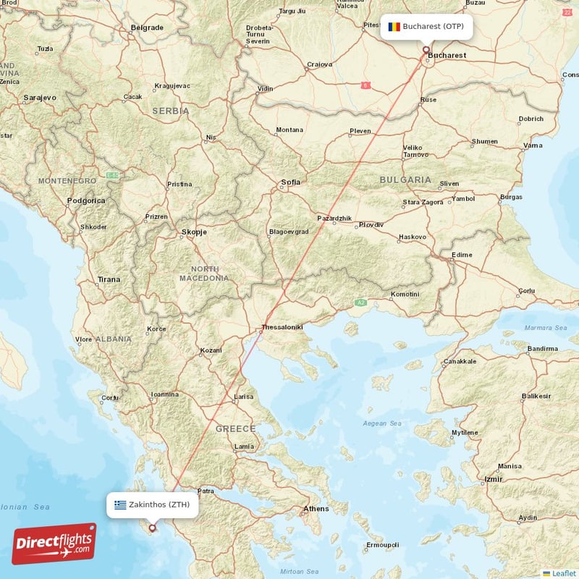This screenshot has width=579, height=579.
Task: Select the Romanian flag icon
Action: pos(394,27)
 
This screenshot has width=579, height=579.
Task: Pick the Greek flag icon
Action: pos(120,504)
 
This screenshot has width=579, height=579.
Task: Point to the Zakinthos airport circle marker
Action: pos(152,528)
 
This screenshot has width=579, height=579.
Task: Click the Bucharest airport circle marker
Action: pos(426,50)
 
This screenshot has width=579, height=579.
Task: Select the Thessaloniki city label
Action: pos(282,327)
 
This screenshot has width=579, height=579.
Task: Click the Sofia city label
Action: pos(291,182)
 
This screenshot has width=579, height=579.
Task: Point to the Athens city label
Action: pos(316,509)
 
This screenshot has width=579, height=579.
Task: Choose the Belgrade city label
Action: pos(147,28)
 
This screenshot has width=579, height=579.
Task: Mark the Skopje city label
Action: pos(193,232)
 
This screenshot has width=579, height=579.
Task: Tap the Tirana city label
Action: pos(109,279)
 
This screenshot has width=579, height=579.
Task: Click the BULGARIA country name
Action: pos(405,179)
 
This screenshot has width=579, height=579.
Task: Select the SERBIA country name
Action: pos(170,111)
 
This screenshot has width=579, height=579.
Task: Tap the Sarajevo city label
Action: pos(40,97)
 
